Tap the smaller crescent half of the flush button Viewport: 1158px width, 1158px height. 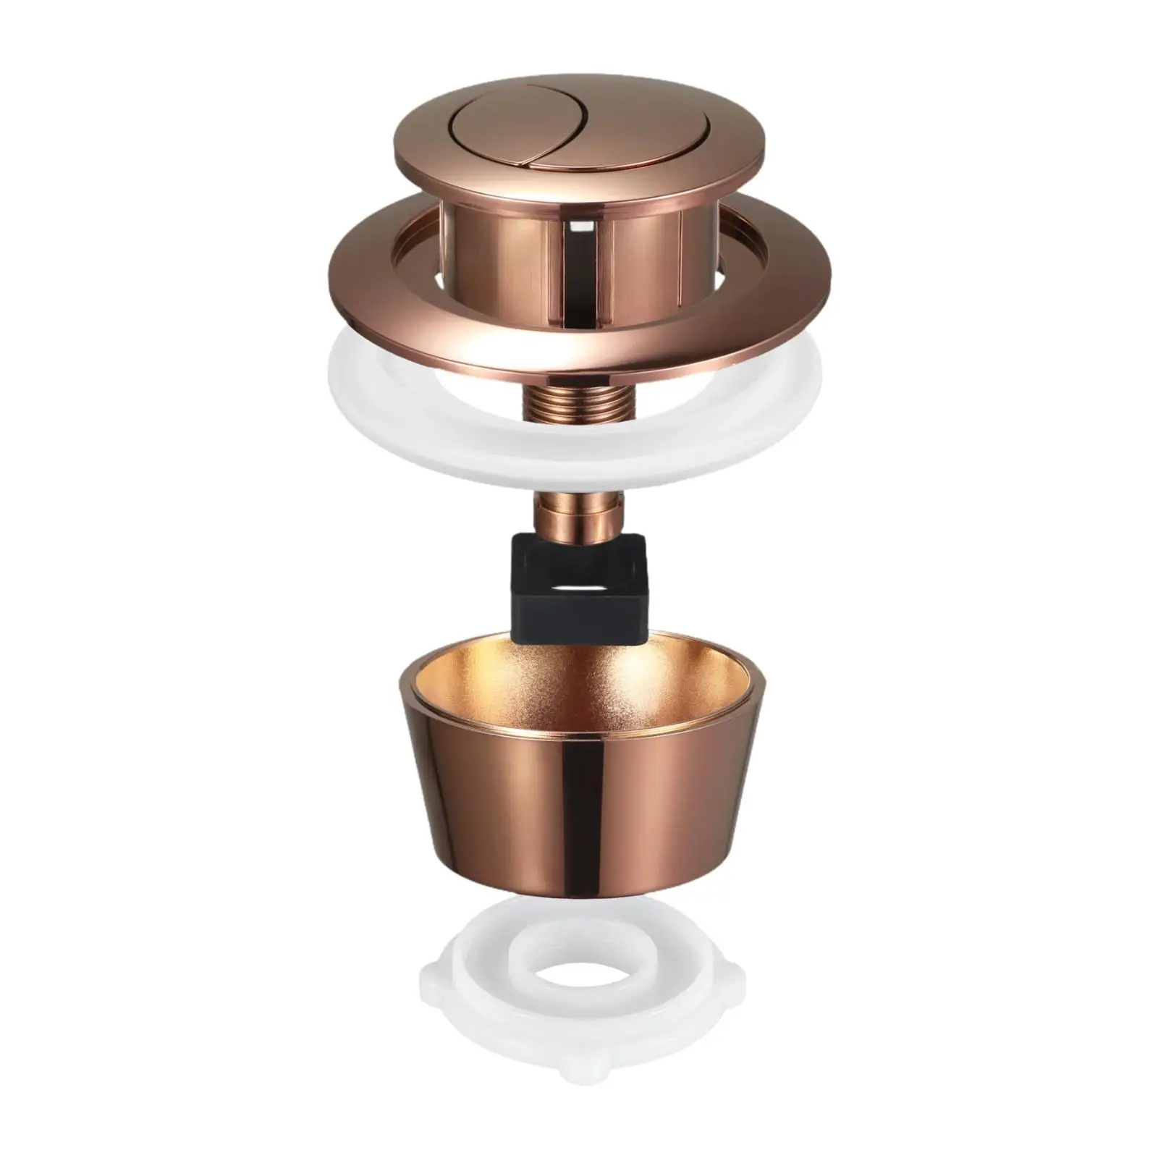[x=572, y=138]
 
